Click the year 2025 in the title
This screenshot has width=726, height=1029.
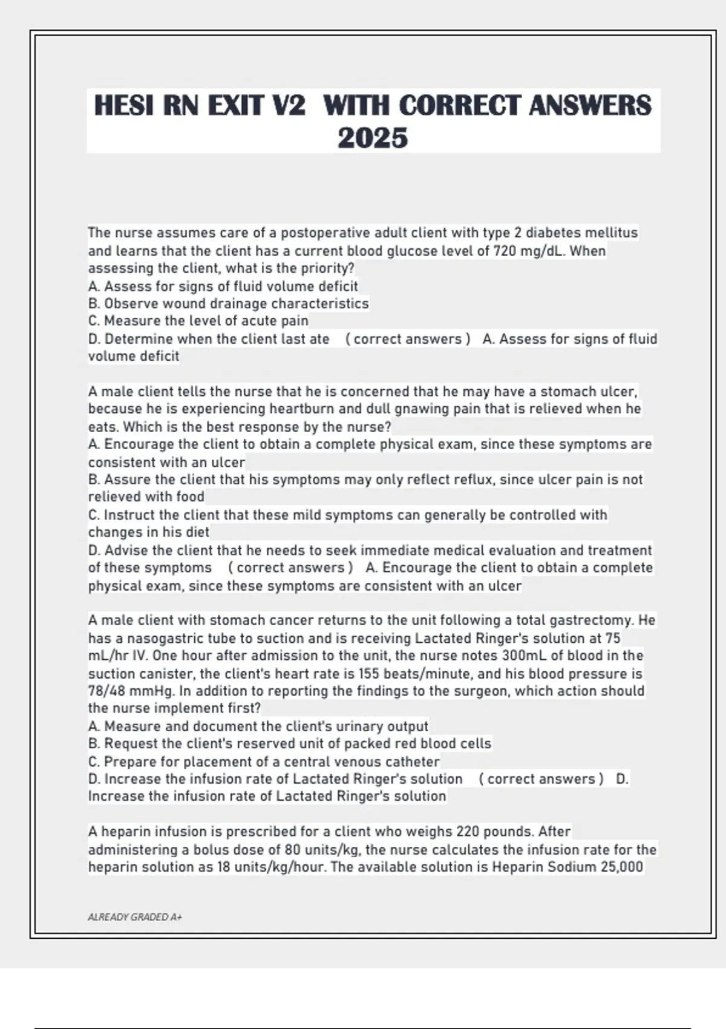point(373,138)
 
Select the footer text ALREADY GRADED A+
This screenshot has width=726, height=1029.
point(135,917)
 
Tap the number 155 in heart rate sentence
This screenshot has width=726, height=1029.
point(369,674)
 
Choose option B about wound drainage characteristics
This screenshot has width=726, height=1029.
point(228,303)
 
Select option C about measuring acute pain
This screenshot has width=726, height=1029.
point(198,321)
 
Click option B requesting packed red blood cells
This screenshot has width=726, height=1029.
point(289,743)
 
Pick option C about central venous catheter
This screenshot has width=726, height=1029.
point(264,761)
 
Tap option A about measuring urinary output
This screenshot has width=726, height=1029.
point(258,726)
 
